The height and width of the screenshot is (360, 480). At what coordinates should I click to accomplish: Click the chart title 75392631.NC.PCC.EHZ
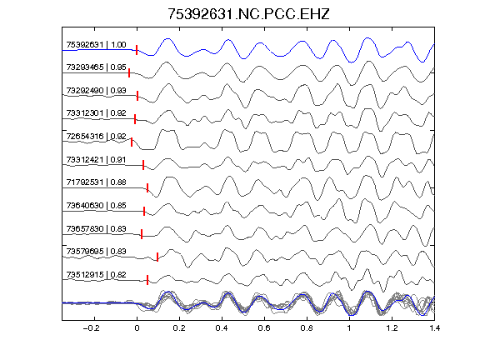coord(248,14)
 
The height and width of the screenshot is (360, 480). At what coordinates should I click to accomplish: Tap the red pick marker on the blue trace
coord(137,50)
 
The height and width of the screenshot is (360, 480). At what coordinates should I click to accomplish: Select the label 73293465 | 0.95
coord(96,67)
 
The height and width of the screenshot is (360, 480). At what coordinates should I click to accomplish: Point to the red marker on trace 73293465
coord(129,72)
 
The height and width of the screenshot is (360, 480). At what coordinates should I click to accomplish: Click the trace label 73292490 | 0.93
coord(96,90)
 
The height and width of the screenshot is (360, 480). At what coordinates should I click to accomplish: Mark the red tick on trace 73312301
coord(135,119)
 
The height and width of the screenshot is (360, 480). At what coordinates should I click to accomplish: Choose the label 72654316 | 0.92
coord(96,136)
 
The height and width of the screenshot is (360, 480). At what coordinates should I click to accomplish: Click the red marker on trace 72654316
coord(132,142)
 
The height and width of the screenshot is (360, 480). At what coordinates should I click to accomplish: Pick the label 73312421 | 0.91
coord(96,159)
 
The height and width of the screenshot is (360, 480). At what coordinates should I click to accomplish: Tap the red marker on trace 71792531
coord(147,187)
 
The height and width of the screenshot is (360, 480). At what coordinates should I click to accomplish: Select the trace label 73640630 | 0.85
coord(96,205)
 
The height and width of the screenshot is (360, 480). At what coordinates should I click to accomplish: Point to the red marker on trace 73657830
coord(142,234)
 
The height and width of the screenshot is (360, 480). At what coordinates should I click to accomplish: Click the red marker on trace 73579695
coord(157,257)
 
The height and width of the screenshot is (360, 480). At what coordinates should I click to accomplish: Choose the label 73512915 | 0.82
coord(96,275)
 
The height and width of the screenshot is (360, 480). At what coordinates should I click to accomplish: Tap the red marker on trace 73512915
coord(147,280)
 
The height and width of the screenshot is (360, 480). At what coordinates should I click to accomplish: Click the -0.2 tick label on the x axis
coord(91,328)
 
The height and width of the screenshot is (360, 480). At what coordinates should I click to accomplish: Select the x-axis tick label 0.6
coord(264,328)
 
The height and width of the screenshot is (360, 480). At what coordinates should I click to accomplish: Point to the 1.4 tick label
coord(434,328)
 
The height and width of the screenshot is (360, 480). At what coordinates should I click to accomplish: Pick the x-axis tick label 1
coord(349,328)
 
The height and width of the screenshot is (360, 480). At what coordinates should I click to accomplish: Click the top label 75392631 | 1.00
coord(96,45)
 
